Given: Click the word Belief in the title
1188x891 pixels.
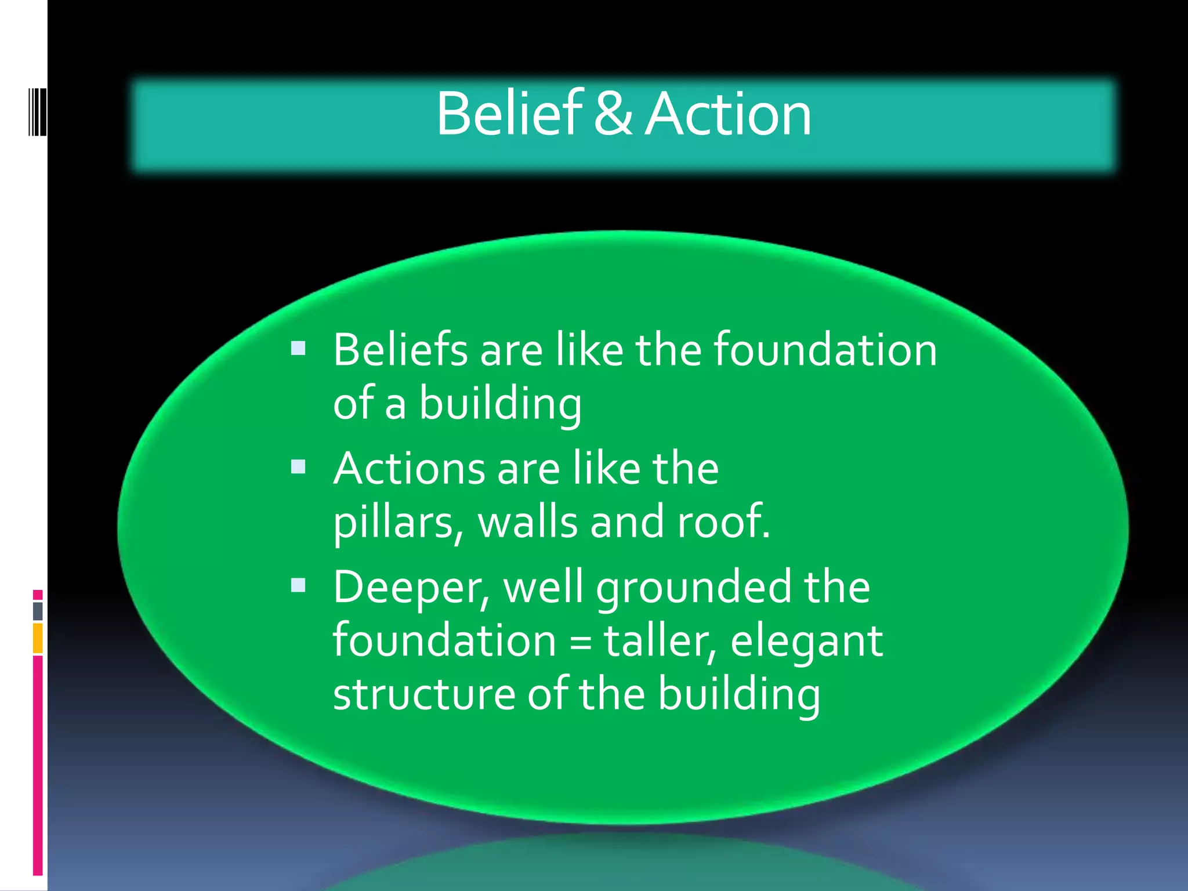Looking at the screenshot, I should pyautogui.click(x=509, y=114).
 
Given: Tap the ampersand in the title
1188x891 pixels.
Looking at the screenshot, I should pyautogui.click(x=613, y=114).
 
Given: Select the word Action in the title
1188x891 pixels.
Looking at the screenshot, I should pyautogui.click(x=728, y=114).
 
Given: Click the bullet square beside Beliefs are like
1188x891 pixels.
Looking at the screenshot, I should pyautogui.click(x=298, y=348).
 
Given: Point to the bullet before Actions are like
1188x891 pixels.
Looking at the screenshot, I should pyautogui.click(x=298, y=466).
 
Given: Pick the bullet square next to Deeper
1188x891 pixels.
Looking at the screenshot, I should pyautogui.click(x=298, y=585).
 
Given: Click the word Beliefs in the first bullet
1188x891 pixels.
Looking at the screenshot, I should pyautogui.click(x=400, y=350).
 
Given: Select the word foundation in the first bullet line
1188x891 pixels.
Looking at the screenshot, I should pyautogui.click(x=824, y=350).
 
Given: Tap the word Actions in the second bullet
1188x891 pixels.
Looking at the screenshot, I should pyautogui.click(x=409, y=469).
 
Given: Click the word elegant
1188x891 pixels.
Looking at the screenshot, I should pyautogui.click(x=806, y=643).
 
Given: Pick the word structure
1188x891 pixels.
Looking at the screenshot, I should pyautogui.click(x=424, y=695).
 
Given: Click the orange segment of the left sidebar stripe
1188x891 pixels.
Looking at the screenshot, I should pyautogui.click(x=38, y=638).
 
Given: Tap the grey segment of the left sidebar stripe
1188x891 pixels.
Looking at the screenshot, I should pyautogui.click(x=38, y=611).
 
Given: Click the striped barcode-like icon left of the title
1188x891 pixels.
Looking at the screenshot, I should pyautogui.click(x=37, y=112).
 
